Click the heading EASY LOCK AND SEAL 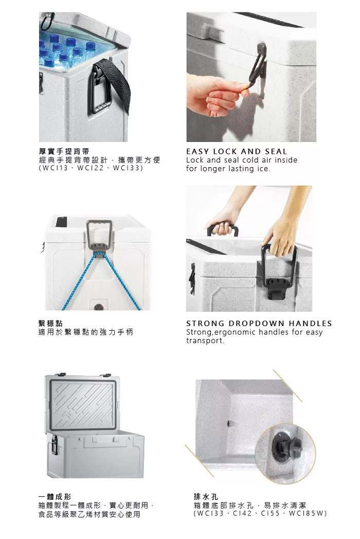236,151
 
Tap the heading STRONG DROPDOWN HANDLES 259,324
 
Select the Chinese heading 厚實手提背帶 64,151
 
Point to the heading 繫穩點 50,324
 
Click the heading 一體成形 55,497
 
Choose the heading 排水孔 206,497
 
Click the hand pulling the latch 217,95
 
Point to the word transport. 205,341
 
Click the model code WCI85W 308,514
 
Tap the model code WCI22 90,169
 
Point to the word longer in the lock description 213,169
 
